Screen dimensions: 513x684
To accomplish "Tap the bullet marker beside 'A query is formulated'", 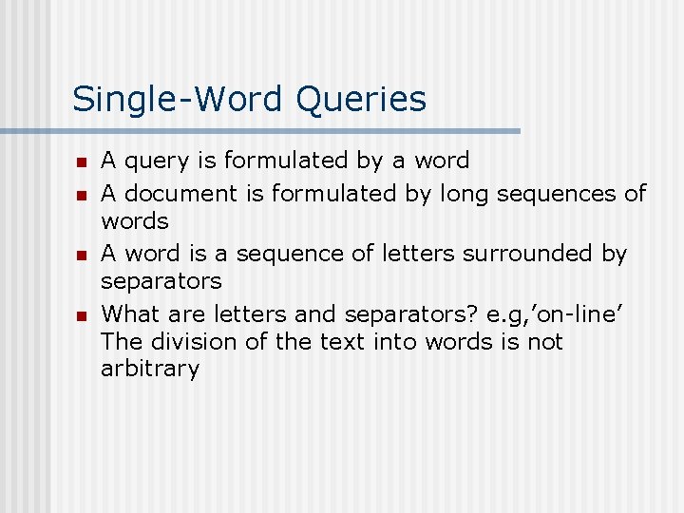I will point(82,162).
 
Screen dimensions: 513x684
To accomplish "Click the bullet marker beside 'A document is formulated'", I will point(82,195).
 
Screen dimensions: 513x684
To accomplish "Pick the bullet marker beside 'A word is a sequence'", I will point(82,256).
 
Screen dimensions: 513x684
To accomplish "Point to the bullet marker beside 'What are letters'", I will point(82,315).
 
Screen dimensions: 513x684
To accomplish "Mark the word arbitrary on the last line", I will point(150,370).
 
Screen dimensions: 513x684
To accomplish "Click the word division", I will point(192,341).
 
